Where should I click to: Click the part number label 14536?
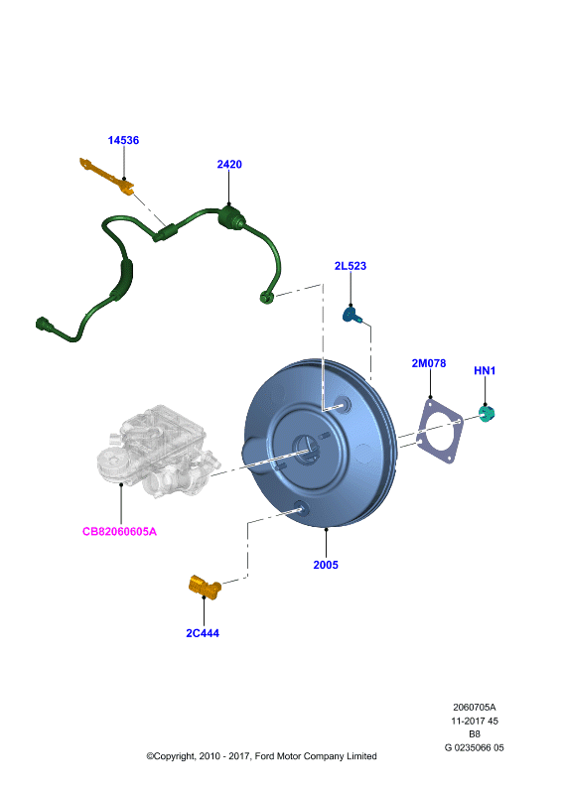pyautogui.click(x=123, y=140)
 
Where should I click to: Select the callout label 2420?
pyautogui.click(x=229, y=164)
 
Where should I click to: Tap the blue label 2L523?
pyautogui.click(x=351, y=266)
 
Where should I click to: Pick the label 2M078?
pyautogui.click(x=429, y=363)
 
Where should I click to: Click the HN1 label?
pyautogui.click(x=485, y=370)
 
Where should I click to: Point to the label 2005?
pyautogui.click(x=326, y=565)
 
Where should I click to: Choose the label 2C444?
pyautogui.click(x=203, y=633)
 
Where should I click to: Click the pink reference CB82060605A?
pyautogui.click(x=119, y=532)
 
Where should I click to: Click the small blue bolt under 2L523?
pyautogui.click(x=352, y=315)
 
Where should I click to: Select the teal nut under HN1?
pyautogui.click(x=487, y=414)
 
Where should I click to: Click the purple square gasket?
pyautogui.click(x=439, y=432)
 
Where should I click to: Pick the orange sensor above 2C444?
pyautogui.click(x=205, y=587)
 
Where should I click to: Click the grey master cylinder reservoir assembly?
pyautogui.click(x=157, y=451)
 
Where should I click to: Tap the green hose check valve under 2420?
pyautogui.click(x=231, y=217)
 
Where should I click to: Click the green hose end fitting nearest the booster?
pyautogui.click(x=266, y=297)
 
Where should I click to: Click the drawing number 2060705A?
pyautogui.click(x=475, y=707)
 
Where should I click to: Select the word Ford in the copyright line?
pyautogui.click(x=264, y=756)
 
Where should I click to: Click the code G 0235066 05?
pyautogui.click(x=475, y=747)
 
